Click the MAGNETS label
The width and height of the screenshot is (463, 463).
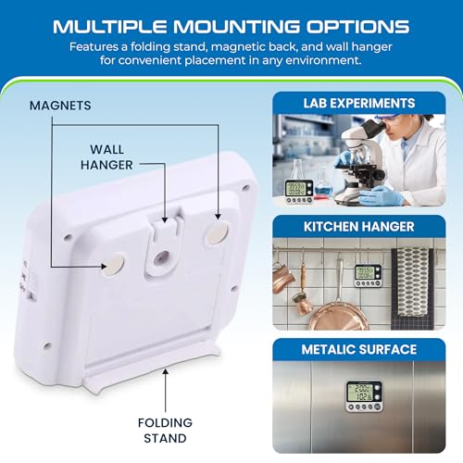coord(60,106)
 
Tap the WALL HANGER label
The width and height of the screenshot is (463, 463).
coord(106,157)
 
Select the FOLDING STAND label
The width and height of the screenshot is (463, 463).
coord(165,431)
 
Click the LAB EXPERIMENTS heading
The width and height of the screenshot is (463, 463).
coord(359,103)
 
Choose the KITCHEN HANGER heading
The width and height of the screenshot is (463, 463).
coord(359,227)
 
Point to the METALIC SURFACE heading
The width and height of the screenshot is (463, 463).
coord(359,349)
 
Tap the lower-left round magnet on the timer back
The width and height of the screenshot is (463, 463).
coord(113,264)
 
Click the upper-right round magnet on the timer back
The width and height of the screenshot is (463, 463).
coord(218,233)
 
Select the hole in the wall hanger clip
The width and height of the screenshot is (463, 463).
coord(161,257)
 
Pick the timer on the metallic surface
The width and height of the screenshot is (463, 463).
coord(364,396)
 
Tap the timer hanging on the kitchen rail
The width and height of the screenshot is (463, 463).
coord(368,275)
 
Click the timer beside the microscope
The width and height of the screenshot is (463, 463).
coord(299,192)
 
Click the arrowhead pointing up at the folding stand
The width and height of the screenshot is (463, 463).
coord(166,372)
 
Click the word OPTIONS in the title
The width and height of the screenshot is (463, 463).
coord(357,27)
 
